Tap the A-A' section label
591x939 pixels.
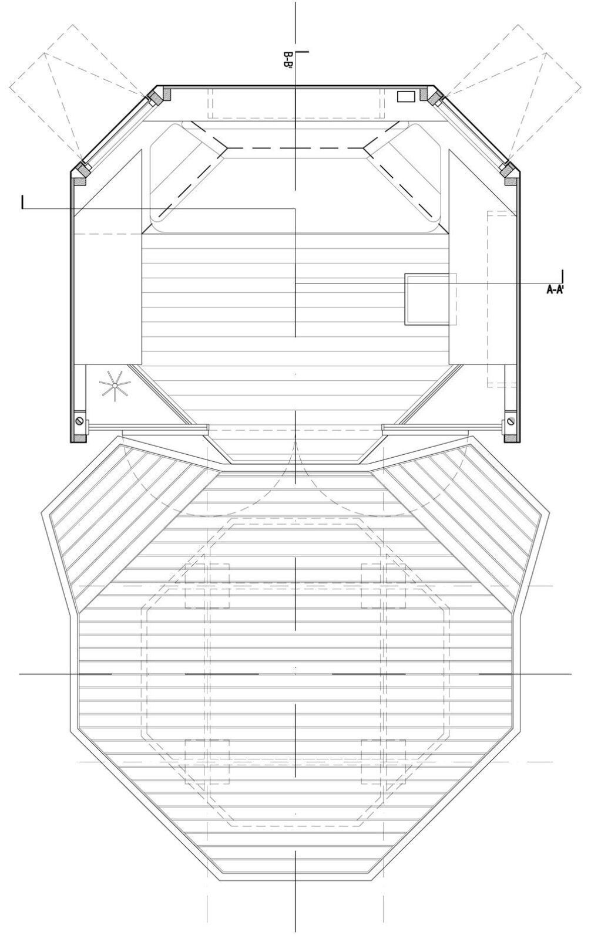click(x=555, y=289)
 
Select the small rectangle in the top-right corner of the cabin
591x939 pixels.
click(x=406, y=97)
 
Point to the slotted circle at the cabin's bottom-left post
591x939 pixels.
click(x=80, y=420)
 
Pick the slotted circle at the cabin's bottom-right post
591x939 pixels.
click(x=510, y=420)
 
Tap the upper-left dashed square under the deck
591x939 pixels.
click(x=207, y=585)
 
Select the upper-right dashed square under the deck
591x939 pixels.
click(x=383, y=585)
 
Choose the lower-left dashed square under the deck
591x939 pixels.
click(x=207, y=761)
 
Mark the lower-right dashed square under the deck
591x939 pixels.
click(x=383, y=761)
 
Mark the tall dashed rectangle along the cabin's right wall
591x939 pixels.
click(x=502, y=299)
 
